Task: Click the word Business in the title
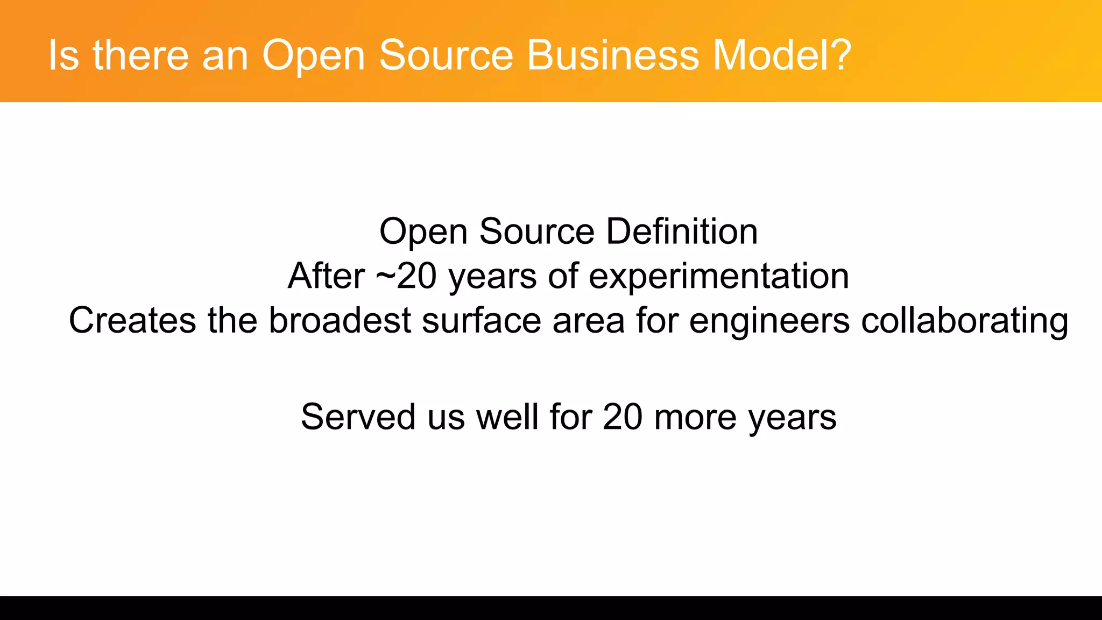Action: click(x=612, y=55)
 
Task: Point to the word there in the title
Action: click(x=140, y=55)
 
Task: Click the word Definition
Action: click(x=682, y=231)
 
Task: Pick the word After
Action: click(x=326, y=276)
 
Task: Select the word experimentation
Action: click(x=719, y=276)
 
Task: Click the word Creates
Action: click(x=132, y=320)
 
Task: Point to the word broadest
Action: click(x=340, y=320)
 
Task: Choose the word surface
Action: click(x=481, y=320)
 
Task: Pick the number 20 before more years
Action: click(x=622, y=417)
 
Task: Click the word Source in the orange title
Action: click(x=446, y=55)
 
